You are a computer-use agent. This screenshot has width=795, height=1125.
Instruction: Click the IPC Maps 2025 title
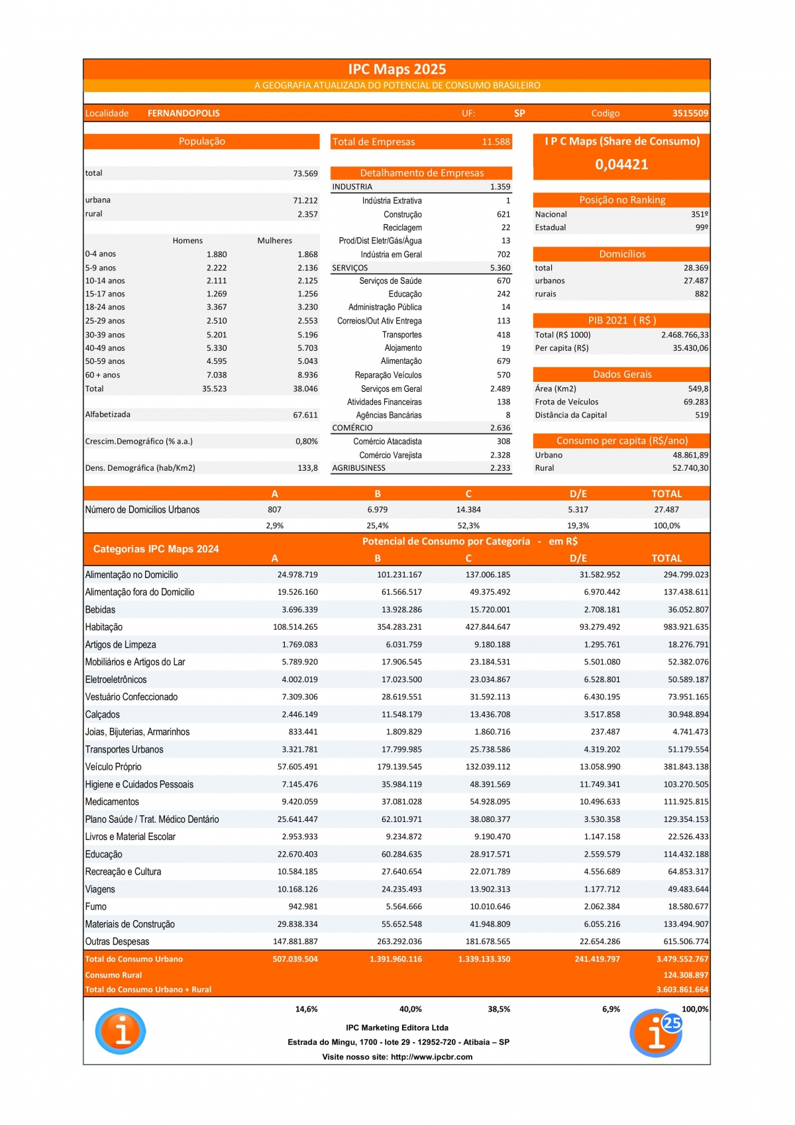pos(397,70)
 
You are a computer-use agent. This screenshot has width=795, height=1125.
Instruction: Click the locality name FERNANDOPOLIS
pos(184,113)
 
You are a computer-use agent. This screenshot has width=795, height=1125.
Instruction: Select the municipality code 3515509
pos(690,113)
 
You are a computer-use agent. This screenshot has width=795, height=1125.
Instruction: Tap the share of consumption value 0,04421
pos(621,164)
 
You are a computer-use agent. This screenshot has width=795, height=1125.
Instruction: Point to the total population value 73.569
pos(305,174)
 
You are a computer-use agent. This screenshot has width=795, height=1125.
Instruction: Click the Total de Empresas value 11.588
pos(496,142)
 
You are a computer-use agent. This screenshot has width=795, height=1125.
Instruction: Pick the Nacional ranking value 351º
pos(699,214)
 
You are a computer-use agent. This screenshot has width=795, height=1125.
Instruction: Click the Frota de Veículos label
pos(566,402)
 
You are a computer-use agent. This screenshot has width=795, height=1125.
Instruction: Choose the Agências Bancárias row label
pos(389,415)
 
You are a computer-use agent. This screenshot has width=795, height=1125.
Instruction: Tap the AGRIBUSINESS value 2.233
pos(500,468)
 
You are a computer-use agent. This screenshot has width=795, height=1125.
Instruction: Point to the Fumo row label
pos(96,907)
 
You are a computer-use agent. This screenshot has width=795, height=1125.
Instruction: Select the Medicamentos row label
pos(112,802)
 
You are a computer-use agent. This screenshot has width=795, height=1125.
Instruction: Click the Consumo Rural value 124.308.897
pos(686,975)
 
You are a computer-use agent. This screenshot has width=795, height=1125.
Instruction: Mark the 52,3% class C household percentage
pos(468,526)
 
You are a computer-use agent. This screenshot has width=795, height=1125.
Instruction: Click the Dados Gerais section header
pos(622,375)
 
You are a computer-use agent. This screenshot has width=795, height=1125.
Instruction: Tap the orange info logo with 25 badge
pos(656,1033)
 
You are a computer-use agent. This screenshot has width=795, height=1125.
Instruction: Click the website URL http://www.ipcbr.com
pos(431,1057)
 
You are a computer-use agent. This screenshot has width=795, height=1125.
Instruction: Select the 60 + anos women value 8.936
pos(307,375)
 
